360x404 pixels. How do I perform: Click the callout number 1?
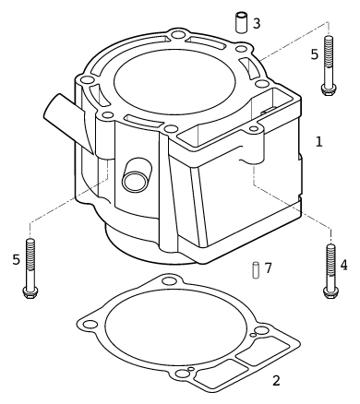319,142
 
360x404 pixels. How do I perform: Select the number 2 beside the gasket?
276,381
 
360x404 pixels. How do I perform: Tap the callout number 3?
257,23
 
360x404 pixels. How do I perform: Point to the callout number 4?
343,265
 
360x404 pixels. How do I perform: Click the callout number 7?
268,268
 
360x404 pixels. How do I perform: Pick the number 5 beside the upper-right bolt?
314,54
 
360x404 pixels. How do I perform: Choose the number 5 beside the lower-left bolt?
16,260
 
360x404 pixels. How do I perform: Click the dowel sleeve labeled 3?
242,22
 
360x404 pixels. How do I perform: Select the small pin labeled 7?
256,270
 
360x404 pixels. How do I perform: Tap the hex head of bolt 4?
330,292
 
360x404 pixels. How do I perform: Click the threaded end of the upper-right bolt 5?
329,52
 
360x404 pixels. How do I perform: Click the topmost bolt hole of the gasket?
168,280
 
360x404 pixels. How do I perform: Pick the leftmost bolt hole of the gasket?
90,324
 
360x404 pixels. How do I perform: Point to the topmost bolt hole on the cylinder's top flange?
177,34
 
